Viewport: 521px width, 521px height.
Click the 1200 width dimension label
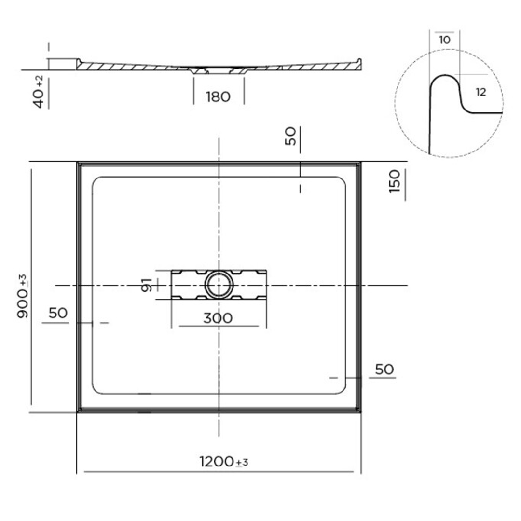coord(217,462)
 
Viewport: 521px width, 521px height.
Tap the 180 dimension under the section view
coord(218,97)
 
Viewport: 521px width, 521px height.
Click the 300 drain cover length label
coord(218,318)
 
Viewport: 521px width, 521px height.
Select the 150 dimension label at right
coord(395,181)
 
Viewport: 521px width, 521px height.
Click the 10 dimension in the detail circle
coord(444,40)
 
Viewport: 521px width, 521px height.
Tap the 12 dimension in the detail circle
coord(480,92)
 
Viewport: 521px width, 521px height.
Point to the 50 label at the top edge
coord(290,136)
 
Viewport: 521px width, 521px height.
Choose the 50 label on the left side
coord(58,313)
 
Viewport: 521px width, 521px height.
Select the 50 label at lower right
coord(384,370)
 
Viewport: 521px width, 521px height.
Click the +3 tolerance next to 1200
coord(242,463)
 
